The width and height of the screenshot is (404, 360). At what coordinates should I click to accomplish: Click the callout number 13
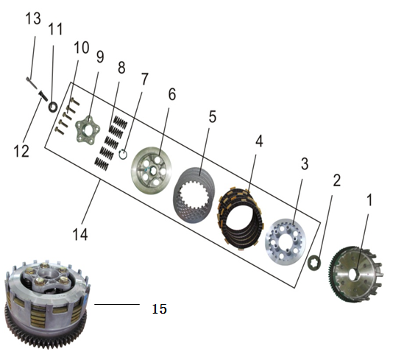(x=33, y=18)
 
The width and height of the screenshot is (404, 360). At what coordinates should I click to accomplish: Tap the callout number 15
(x=160, y=308)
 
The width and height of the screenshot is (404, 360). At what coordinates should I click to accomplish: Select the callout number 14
(x=80, y=234)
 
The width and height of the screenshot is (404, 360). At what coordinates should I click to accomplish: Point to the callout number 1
(x=369, y=200)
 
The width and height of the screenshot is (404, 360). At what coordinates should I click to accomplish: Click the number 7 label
(x=144, y=79)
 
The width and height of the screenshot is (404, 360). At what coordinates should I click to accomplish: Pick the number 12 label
(x=21, y=151)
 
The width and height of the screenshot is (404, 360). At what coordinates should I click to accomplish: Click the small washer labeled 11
(x=53, y=107)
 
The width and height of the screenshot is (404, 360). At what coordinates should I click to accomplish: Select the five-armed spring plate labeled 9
(x=88, y=129)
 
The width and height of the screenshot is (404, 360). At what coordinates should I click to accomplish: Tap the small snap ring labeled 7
(x=123, y=154)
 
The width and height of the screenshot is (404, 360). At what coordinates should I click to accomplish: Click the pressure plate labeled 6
(x=152, y=171)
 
